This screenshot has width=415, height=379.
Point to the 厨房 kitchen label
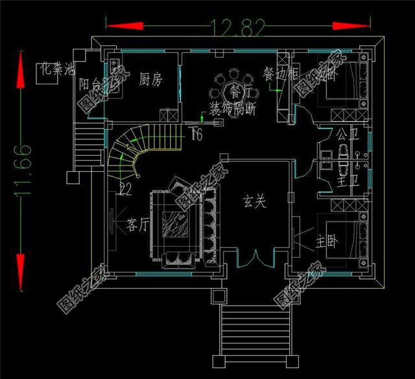(x=150, y=80)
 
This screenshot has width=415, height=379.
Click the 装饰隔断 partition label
(x=232, y=108)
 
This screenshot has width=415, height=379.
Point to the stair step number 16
(x=196, y=134)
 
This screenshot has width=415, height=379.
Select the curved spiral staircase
(x=126, y=151)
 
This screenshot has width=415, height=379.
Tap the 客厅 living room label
(x=139, y=225)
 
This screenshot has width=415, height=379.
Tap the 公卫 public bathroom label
(x=344, y=135)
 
